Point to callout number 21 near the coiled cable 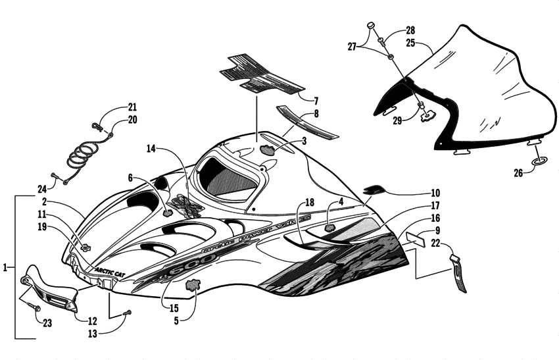pyautogui.click(x=132, y=107)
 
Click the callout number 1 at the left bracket pyautogui.click(x=6, y=268)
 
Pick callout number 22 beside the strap pyautogui.click(x=435, y=243)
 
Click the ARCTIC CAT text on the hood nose pyautogui.click(x=94, y=270)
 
